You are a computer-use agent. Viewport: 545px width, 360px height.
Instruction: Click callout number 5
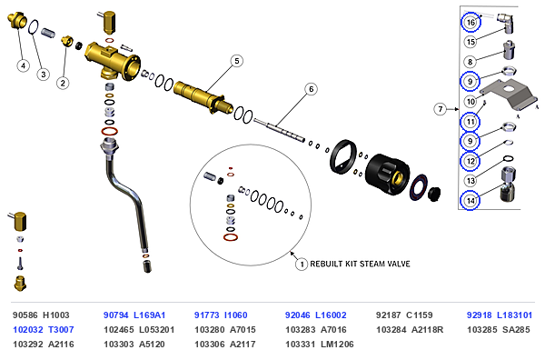237,61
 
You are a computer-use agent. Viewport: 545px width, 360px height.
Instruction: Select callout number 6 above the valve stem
311,89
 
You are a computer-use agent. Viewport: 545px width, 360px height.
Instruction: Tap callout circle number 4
24,65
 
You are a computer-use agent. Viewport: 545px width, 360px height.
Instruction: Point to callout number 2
63,83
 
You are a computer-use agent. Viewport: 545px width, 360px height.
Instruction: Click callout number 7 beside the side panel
441,109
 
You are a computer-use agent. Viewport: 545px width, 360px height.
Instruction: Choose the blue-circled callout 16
471,22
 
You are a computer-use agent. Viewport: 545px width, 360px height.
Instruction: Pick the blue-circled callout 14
470,201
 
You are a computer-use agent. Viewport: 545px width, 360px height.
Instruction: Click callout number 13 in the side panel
471,181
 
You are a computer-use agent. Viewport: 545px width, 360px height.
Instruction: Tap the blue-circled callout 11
471,122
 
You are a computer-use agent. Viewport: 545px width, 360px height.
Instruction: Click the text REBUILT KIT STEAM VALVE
360,264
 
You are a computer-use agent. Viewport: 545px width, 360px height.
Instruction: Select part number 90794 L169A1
134,315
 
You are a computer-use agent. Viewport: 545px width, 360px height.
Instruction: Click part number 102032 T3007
44,329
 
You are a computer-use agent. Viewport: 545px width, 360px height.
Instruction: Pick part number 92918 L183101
500,315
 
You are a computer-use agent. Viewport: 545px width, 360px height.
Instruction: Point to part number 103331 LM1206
320,345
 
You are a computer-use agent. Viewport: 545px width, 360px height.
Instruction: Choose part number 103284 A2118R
410,329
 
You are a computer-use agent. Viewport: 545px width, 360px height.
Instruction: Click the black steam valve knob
388,174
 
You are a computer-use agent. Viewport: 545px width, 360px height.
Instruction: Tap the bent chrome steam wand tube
127,195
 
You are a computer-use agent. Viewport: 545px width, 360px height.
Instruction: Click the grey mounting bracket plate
508,92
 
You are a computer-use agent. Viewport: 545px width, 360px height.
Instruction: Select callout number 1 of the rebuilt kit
302,265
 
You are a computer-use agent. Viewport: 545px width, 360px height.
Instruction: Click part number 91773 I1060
221,315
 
